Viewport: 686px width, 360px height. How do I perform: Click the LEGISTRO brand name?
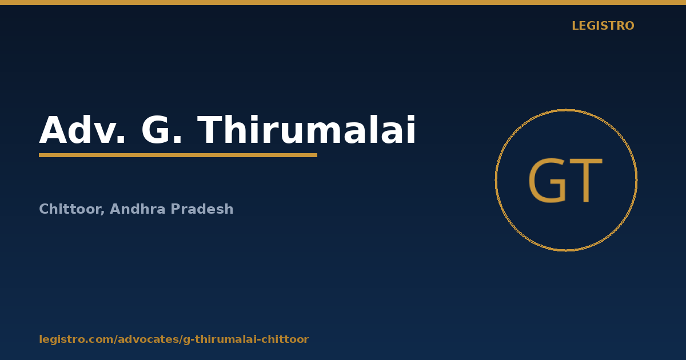(603, 26)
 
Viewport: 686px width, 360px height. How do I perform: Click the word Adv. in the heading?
(82, 130)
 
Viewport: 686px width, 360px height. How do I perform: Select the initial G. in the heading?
(161, 130)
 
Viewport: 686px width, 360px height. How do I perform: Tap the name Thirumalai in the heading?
(306, 129)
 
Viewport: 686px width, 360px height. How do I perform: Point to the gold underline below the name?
(178, 155)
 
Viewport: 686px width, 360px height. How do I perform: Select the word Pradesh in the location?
(202, 209)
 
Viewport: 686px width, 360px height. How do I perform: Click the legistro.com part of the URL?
(76, 339)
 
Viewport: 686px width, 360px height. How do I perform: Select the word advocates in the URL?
(148, 339)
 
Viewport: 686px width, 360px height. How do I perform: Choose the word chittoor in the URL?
(287, 339)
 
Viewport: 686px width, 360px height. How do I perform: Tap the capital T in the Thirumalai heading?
(210, 130)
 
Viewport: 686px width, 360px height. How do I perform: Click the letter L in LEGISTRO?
(575, 26)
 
